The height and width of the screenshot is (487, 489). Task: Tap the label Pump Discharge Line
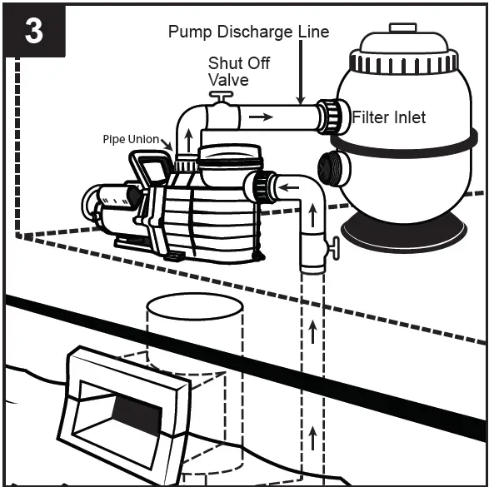(248, 32)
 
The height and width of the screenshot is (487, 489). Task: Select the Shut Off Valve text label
(238, 71)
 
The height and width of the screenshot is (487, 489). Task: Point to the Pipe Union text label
(131, 140)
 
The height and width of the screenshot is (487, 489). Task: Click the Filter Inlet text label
(388, 118)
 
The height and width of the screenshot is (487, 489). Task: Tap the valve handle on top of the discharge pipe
(221, 97)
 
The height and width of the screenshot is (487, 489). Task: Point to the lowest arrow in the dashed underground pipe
(313, 433)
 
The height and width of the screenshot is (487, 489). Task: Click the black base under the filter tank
(406, 235)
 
